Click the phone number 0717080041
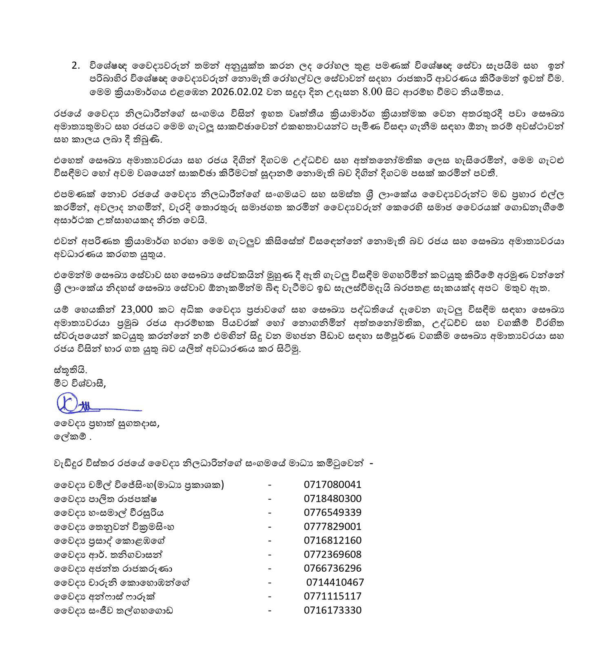pyautogui.click(x=333, y=485)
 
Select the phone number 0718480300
pyautogui.click(x=333, y=499)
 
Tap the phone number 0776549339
pyautogui.click(x=333, y=512)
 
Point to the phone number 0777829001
pyautogui.click(x=333, y=526)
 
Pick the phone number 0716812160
pyautogui.click(x=333, y=540)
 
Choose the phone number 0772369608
pyautogui.click(x=333, y=554)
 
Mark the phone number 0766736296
pyautogui.click(x=333, y=568)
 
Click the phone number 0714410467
pyautogui.click(x=335, y=582)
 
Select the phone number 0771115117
pyautogui.click(x=333, y=596)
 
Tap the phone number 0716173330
pyautogui.click(x=333, y=610)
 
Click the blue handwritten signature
pyautogui.click(x=98, y=404)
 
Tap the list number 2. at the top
pyautogui.click(x=76, y=66)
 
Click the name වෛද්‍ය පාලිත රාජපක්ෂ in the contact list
pyautogui.click(x=106, y=499)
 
